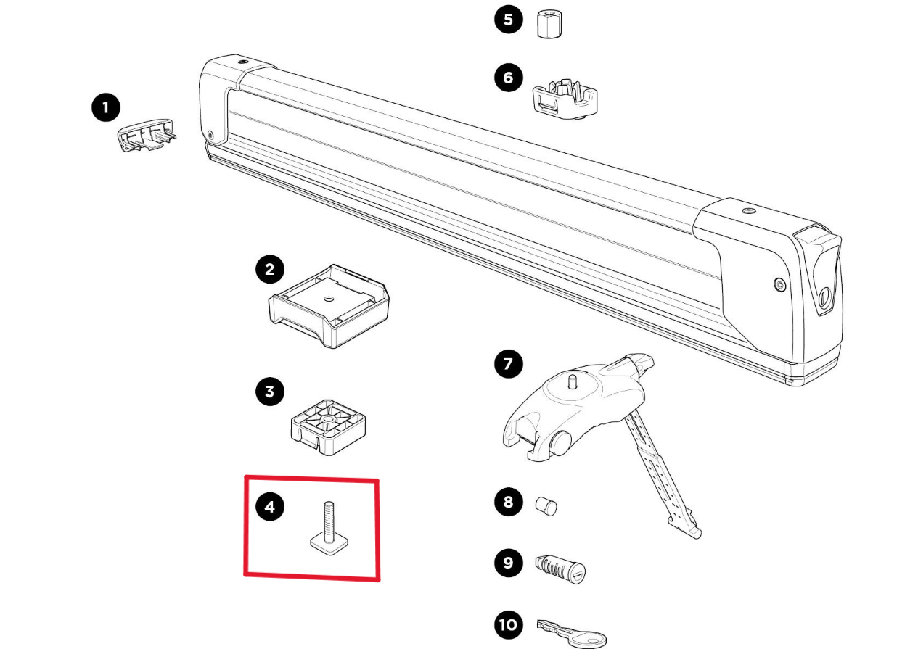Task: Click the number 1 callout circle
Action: click(x=106, y=109)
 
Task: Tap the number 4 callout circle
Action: click(x=270, y=507)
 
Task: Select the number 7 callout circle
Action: click(x=508, y=364)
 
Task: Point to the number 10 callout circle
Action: click(x=508, y=624)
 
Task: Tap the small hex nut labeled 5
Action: click(x=551, y=26)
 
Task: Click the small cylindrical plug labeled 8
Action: click(x=546, y=505)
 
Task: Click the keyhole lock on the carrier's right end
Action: click(x=824, y=297)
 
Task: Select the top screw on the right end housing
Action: click(x=748, y=210)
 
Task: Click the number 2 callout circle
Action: click(x=270, y=270)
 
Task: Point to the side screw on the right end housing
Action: click(x=779, y=285)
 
